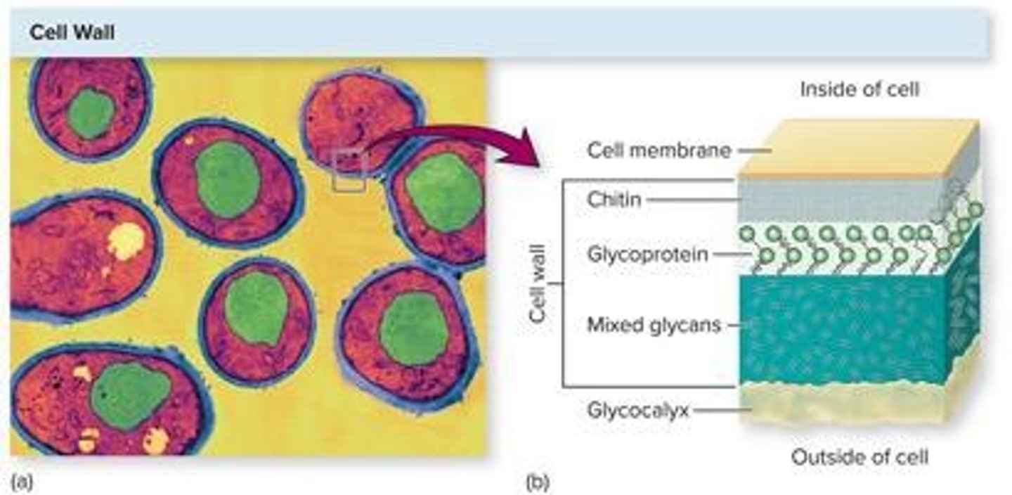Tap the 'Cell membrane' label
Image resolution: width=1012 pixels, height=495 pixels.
[x=659, y=150]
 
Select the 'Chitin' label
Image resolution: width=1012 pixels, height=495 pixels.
[x=614, y=200]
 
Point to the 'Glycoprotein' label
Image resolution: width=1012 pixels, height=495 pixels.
[x=647, y=255]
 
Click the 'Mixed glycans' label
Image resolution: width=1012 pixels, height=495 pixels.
[x=654, y=325]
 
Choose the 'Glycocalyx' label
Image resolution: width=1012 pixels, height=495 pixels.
[x=637, y=409]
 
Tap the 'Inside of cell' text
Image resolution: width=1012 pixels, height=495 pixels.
[x=859, y=89]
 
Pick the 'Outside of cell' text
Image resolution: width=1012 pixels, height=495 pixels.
[x=859, y=457]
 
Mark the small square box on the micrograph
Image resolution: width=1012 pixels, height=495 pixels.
[x=349, y=170]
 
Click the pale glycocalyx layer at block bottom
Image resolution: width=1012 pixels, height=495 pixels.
[x=843, y=404]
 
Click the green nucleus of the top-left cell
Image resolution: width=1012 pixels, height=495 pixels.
[x=91, y=112]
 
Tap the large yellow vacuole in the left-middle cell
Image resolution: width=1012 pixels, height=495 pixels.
[x=126, y=241]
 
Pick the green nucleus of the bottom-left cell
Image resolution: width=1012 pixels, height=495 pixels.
[x=131, y=395]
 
